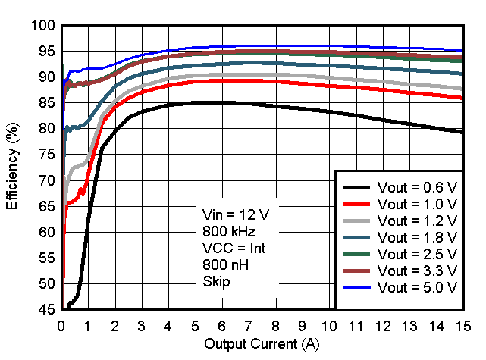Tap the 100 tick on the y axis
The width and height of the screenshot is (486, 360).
pos(43,26)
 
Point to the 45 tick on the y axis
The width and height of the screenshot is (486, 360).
pos(46,310)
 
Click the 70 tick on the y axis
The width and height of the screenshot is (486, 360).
pos(46,180)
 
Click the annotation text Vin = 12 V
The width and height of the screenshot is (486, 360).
pos(236,214)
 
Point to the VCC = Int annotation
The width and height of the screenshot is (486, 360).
pos(234,248)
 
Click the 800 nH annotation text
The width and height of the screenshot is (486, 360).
pos(224,265)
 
